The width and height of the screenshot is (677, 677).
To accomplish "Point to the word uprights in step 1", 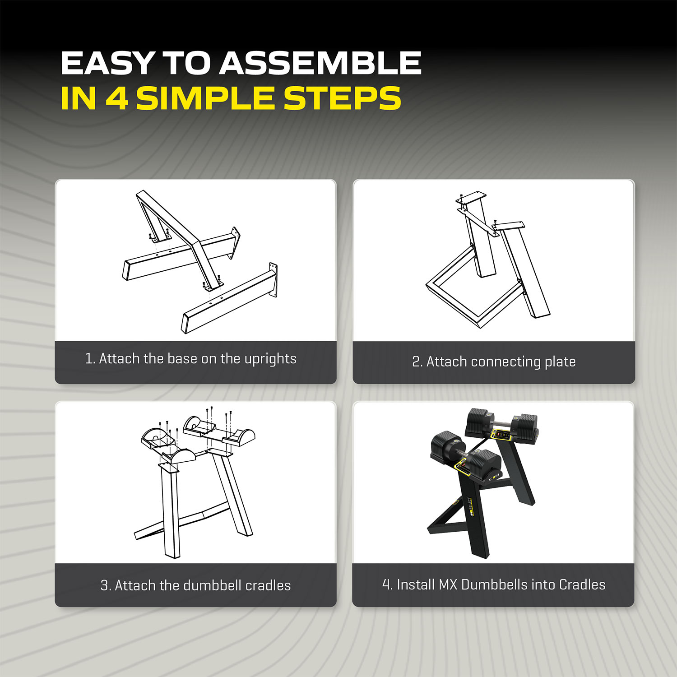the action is click(x=270, y=359).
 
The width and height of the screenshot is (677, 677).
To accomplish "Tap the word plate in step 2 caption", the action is click(x=560, y=362).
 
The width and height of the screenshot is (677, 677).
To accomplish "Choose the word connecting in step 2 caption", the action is click(x=505, y=362).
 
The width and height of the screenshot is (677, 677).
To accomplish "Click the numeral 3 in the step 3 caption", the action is click(x=104, y=585).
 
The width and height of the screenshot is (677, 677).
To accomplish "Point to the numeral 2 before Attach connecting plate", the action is click(x=416, y=362).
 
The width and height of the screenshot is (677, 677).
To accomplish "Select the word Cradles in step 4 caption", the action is click(x=582, y=584).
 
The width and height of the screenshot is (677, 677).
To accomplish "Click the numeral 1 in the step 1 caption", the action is click(x=88, y=359).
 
